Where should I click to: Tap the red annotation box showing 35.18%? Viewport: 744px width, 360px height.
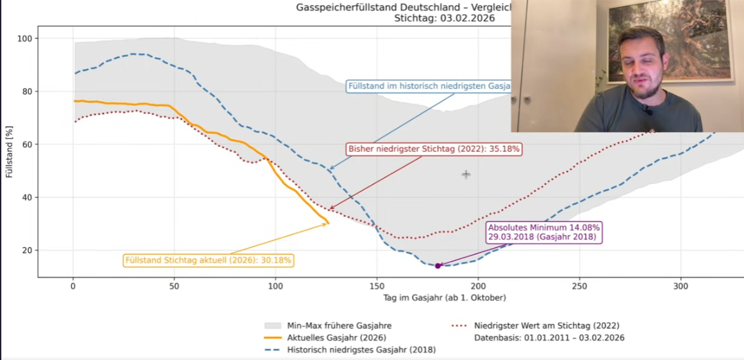pyautogui.click(x=434, y=149)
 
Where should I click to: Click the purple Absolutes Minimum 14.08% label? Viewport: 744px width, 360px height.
pyautogui.click(x=545, y=232)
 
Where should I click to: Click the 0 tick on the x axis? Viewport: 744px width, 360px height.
pyautogui.click(x=73, y=286)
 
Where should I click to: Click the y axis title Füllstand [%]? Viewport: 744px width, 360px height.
pyautogui.click(x=10, y=152)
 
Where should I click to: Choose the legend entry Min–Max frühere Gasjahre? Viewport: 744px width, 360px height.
pyautogui.click(x=339, y=325)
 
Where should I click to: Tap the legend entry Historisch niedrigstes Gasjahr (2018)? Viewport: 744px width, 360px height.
pyautogui.click(x=361, y=350)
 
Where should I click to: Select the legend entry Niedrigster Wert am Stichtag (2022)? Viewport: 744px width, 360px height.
pyautogui.click(x=547, y=325)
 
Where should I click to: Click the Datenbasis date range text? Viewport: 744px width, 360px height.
pyautogui.click(x=549, y=338)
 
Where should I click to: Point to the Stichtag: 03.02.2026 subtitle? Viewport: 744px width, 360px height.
pyautogui.click(x=442, y=19)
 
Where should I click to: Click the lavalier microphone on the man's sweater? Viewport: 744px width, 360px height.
pyautogui.click(x=649, y=110)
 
